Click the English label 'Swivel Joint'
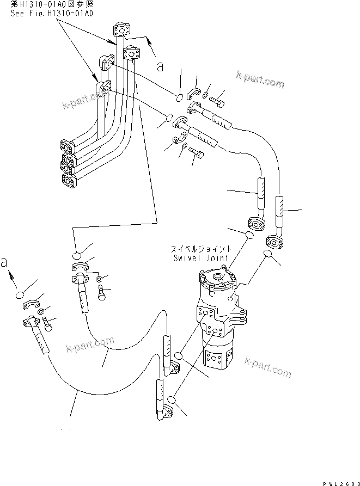[x=202, y=259]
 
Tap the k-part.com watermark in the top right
[x=260, y=81]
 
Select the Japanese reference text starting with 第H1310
[x=51, y=4]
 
